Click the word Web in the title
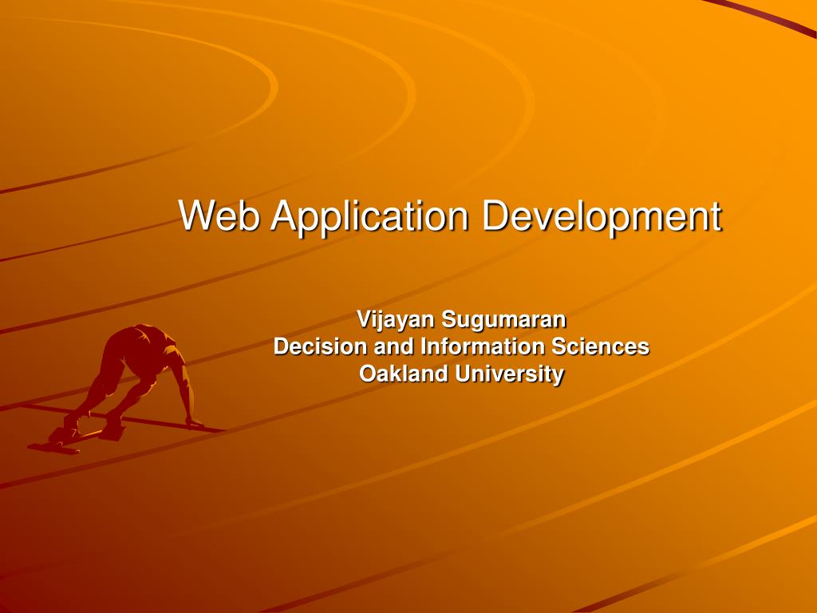tap(218, 216)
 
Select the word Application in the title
tap(369, 217)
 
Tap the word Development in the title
tap(602, 217)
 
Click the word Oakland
tap(404, 374)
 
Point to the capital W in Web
tap(195, 216)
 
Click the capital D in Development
tap(495, 216)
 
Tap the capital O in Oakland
tap(368, 374)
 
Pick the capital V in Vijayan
tap(363, 321)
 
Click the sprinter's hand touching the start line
tap(192, 423)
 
